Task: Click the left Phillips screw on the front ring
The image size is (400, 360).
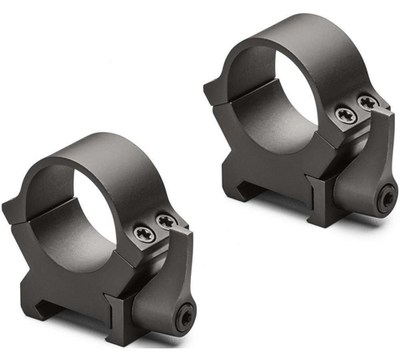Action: (142, 232)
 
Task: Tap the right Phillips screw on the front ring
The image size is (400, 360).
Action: (165, 220)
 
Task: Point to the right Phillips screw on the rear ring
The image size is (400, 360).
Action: (367, 102)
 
